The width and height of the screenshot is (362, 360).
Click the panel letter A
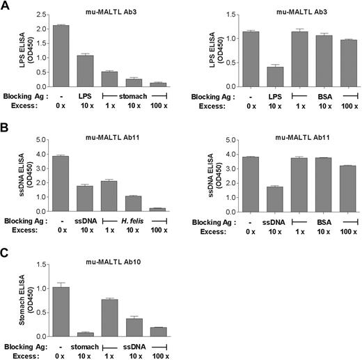(x=6, y=6)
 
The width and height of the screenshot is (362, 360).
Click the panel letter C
(x=6, y=246)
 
